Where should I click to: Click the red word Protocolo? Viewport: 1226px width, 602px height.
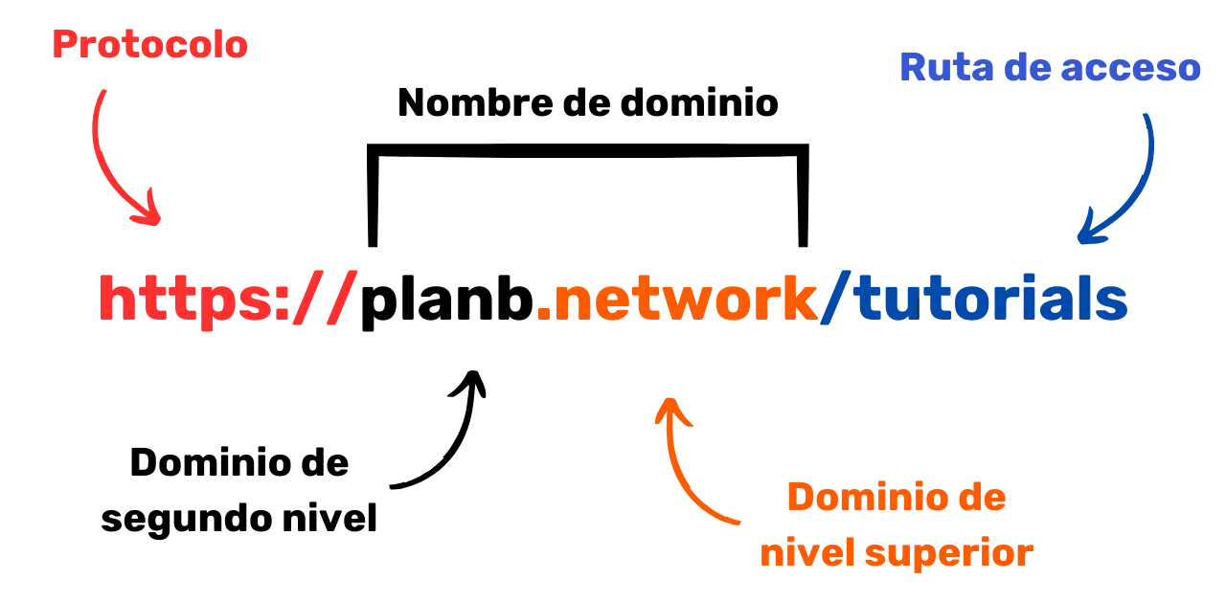pyautogui.click(x=151, y=45)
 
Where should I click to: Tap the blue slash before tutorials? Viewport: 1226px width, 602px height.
pyautogui.click(x=835, y=300)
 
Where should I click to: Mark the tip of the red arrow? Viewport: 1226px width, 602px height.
pyautogui.click(x=156, y=222)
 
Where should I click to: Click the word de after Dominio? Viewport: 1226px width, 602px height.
pyautogui.click(x=980, y=500)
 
